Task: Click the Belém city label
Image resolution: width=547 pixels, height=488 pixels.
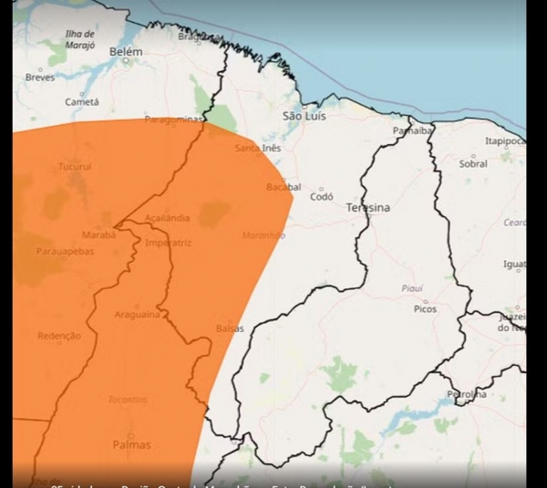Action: coord(126,52)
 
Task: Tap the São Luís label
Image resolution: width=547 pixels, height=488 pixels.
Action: coord(303,116)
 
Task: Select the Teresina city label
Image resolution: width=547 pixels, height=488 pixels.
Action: coord(367,208)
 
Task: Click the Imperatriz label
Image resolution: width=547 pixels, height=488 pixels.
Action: coord(168,244)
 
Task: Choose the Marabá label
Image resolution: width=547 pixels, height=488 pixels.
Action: coord(99,234)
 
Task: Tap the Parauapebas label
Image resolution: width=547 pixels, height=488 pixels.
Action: coord(65,251)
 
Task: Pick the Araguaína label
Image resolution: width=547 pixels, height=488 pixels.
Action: coord(138,314)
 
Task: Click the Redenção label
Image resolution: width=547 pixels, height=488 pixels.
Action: coord(58,336)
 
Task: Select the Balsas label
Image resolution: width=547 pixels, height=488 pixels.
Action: coord(230,327)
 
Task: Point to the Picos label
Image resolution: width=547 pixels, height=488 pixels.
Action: coord(425,309)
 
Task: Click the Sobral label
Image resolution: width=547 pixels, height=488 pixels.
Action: coord(473,164)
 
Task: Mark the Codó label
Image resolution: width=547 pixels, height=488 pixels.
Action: coord(322,196)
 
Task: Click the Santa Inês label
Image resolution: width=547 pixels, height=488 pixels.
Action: coord(257,148)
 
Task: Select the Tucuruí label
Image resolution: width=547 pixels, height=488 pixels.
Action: coord(76,168)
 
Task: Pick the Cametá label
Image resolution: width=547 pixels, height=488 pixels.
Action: coord(82,102)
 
